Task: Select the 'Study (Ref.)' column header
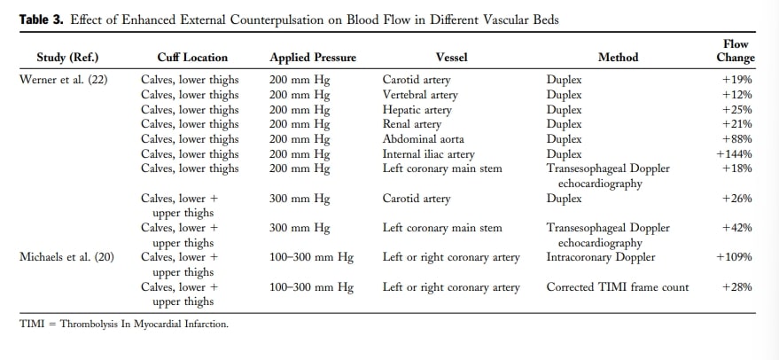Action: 67,58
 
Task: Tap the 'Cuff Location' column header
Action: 192,58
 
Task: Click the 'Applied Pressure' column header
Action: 313,58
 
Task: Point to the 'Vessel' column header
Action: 452,58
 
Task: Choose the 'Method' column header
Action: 618,58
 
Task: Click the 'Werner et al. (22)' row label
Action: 63,80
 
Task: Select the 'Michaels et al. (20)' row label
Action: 66,257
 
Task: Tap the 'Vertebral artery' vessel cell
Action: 420,95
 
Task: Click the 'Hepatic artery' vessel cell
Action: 417,110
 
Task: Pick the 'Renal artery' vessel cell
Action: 411,124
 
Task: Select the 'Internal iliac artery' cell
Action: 428,154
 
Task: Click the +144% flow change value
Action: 734,154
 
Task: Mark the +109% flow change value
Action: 734,257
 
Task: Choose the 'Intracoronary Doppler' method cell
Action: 601,257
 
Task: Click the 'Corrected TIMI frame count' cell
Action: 618,287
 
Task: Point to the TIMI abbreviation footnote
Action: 124,325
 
